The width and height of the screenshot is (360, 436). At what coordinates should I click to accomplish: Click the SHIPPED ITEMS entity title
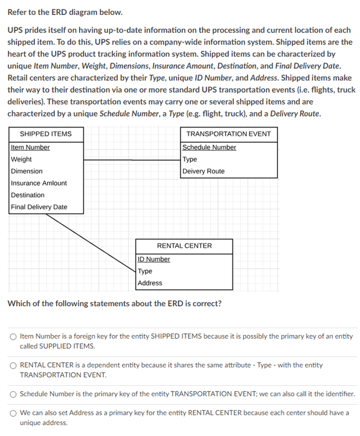pyautogui.click(x=46, y=134)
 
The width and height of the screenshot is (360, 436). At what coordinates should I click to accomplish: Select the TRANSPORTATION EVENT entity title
pyautogui.click(x=228, y=134)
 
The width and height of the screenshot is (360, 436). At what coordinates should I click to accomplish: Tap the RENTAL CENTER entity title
pyautogui.click(x=185, y=246)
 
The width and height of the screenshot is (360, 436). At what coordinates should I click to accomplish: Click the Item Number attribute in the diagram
pyautogui.click(x=30, y=148)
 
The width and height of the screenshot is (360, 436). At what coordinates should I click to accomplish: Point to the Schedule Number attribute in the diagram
pyautogui.click(x=209, y=148)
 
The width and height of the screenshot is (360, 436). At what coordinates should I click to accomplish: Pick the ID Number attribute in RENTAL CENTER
pyautogui.click(x=154, y=260)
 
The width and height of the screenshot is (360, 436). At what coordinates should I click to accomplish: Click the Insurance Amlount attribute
pyautogui.click(x=39, y=183)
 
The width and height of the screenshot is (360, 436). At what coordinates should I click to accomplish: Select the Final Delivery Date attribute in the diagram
pyautogui.click(x=39, y=207)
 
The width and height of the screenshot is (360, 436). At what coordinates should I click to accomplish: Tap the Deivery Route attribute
pyautogui.click(x=204, y=171)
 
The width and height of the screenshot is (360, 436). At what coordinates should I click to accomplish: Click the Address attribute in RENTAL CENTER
pyautogui.click(x=150, y=283)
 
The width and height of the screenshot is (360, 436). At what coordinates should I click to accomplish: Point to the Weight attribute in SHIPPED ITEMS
pyautogui.click(x=21, y=159)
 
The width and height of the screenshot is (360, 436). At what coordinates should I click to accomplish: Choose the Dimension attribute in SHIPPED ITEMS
pyautogui.click(x=27, y=171)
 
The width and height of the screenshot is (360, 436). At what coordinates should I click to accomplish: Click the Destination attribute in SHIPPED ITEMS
pyautogui.click(x=28, y=195)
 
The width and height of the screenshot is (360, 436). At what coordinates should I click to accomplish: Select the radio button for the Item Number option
pyautogui.click(x=13, y=336)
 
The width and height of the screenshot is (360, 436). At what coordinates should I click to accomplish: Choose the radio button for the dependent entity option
pyautogui.click(x=13, y=365)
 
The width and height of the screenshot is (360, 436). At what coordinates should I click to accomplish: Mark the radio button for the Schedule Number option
pyautogui.click(x=13, y=394)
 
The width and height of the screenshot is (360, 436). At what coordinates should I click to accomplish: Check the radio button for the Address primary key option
pyautogui.click(x=13, y=413)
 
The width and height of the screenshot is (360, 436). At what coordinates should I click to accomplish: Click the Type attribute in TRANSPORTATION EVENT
pyautogui.click(x=190, y=159)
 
